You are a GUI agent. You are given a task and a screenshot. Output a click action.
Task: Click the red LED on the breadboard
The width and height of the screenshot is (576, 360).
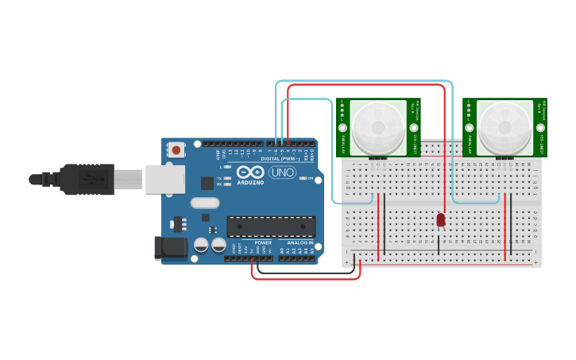click(441, 219)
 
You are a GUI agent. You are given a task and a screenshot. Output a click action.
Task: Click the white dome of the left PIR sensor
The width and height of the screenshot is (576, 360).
click(378, 126)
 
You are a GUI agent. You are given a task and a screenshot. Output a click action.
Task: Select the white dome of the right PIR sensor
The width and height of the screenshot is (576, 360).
click(504, 126)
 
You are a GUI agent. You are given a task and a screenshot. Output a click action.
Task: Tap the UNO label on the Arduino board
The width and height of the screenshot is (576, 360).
click(282, 172)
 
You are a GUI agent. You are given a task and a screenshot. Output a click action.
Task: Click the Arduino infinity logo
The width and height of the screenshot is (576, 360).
click(249, 172)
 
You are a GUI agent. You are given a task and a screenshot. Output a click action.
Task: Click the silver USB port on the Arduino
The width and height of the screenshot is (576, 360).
click(164, 180)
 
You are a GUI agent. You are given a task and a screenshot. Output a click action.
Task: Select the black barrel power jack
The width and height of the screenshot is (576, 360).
click(171, 248)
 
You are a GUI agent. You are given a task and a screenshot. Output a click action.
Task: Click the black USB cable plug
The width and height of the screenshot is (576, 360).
click(87, 180)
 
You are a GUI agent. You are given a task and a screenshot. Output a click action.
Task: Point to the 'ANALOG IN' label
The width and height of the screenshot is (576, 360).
click(300, 242)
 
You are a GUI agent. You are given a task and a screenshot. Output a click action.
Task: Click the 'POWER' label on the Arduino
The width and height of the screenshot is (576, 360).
click(263, 242)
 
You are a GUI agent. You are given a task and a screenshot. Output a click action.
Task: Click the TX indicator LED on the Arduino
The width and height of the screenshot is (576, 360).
click(229, 179)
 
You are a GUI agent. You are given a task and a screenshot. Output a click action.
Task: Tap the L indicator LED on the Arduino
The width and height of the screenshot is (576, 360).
click(229, 167)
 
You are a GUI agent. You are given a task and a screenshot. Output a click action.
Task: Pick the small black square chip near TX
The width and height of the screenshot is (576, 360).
click(207, 184)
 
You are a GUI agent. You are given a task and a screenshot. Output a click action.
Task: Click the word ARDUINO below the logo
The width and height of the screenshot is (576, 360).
click(249, 183)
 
